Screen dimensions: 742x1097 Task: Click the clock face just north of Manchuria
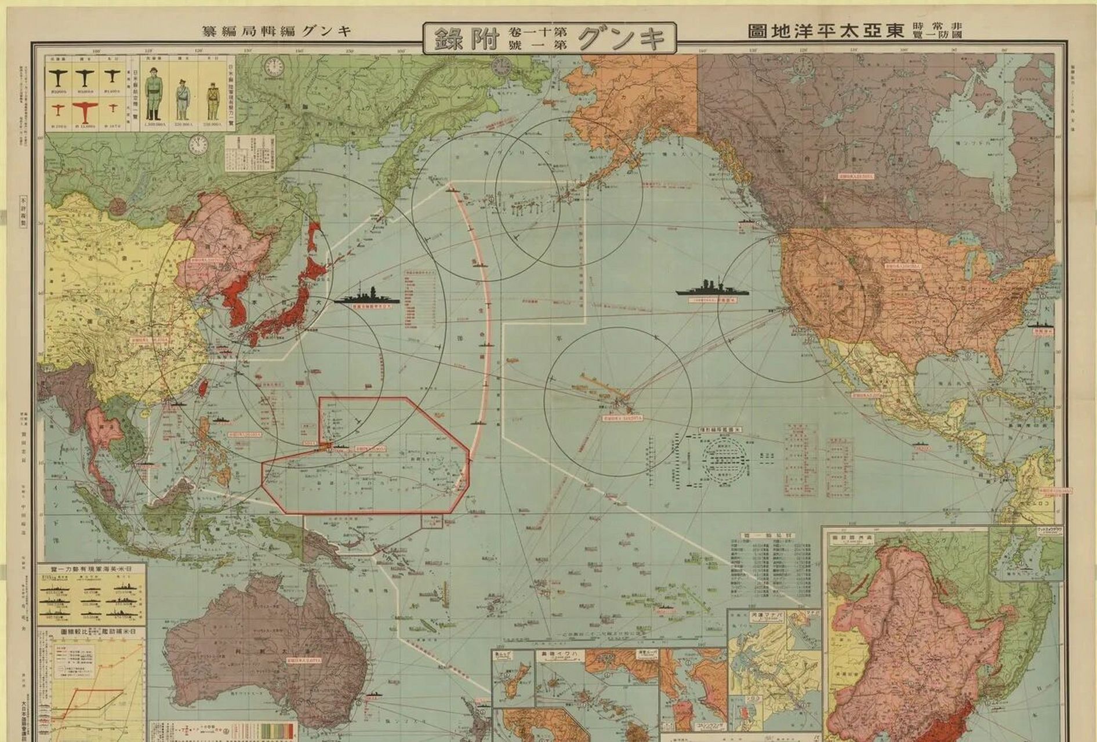tap(199, 145)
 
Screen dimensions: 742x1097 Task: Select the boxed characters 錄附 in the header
tap(461, 38)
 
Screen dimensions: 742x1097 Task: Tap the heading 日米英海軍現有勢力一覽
tap(92, 570)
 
